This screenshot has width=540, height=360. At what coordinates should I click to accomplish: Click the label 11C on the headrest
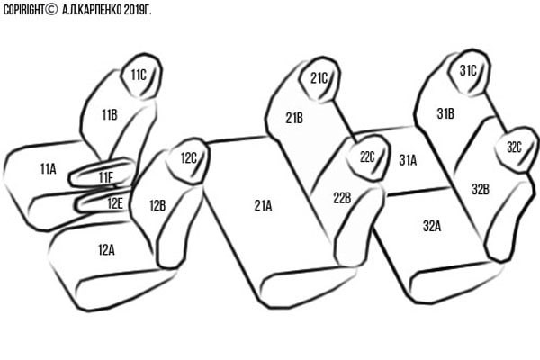coord(139,75)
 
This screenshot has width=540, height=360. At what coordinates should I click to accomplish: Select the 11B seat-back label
coord(110,114)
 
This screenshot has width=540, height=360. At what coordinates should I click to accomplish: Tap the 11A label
coord(48,169)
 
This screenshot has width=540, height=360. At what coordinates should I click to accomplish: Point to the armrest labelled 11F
coord(102,173)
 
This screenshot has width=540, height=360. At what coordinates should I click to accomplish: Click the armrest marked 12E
coord(103,202)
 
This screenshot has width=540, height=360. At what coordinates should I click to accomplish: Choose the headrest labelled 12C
coord(188,160)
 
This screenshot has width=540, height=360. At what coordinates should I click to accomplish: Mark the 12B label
coord(157,206)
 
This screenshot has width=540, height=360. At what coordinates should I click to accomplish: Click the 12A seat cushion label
coord(106,250)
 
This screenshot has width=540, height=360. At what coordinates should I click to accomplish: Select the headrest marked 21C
coord(319,79)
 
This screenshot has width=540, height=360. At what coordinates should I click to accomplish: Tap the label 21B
coord(294,118)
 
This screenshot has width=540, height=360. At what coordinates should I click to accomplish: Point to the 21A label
coord(263,206)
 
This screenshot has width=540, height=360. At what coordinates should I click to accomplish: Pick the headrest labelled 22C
coord(367,157)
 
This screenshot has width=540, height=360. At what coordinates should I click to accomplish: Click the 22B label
coord(342,198)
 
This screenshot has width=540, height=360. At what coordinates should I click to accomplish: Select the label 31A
coord(408,160)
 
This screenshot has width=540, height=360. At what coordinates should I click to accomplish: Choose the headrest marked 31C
coord(469,72)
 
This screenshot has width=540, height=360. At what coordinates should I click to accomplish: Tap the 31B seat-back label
coord(445,113)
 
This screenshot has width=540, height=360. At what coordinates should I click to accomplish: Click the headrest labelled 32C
coord(515,149)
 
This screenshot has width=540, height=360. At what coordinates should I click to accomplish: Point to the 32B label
coord(481,189)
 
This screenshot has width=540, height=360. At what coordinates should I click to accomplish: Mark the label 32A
coord(432,226)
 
